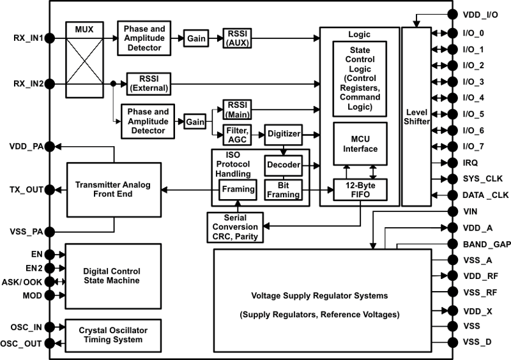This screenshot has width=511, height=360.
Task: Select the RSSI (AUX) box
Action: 237,38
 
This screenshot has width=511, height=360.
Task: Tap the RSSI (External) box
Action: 148,83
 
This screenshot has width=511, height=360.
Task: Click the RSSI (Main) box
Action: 237,110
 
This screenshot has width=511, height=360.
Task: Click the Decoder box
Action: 282,165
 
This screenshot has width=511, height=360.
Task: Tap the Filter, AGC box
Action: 237,135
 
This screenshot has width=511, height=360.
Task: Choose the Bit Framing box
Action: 282,190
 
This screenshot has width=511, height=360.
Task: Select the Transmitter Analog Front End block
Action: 112,190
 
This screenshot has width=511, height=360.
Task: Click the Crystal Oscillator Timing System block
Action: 112,335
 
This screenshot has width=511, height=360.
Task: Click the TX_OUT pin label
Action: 26,190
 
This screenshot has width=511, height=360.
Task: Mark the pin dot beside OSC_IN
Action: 50,327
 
